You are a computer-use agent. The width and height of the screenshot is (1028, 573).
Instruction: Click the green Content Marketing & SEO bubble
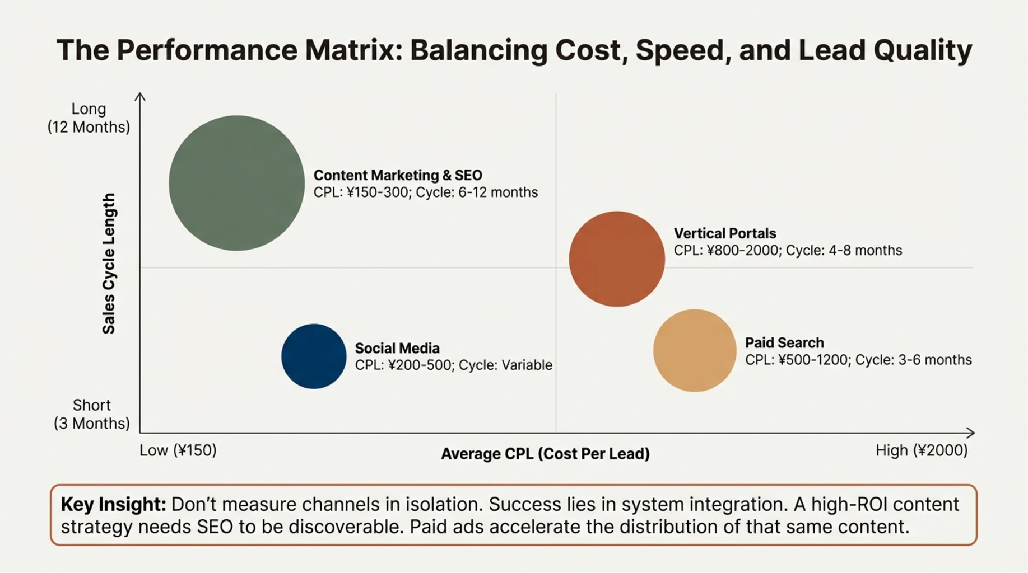236,183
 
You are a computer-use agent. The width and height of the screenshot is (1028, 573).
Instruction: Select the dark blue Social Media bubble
314,356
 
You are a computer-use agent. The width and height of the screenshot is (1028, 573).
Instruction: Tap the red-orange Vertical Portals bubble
617,259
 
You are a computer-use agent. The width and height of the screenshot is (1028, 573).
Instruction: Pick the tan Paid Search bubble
695,350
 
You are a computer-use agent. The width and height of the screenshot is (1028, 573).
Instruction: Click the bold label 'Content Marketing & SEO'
398,175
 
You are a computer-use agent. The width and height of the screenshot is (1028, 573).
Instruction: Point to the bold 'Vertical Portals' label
724,233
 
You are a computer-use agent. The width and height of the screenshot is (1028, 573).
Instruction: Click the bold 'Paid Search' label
784,342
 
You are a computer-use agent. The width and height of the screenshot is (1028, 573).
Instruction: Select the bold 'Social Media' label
397,348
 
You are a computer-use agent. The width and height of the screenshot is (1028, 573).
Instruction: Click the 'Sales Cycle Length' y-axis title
109,264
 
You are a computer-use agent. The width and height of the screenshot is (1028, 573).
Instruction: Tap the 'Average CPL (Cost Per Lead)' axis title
545,454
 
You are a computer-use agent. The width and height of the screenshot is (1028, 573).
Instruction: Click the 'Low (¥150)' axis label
178,450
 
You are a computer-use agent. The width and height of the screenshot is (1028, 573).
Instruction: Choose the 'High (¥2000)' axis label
922,450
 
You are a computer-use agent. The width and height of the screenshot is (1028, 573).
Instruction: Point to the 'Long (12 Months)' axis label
89,118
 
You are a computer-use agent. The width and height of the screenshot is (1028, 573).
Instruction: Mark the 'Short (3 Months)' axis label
91,414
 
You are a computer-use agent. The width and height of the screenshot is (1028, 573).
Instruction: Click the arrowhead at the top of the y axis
140,97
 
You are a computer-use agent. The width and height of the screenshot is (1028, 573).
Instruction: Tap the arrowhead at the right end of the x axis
971,433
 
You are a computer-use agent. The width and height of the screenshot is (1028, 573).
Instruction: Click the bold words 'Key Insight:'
113,505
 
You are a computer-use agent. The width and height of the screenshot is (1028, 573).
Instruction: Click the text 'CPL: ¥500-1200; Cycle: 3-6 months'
858,360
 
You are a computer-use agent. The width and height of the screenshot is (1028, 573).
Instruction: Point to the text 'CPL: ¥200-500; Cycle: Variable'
453,365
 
